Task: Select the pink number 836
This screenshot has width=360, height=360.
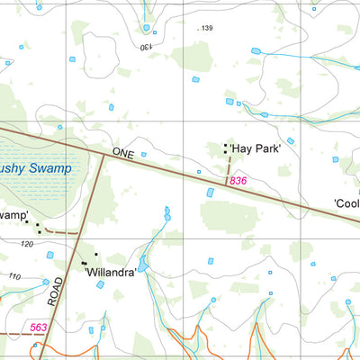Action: (238, 181)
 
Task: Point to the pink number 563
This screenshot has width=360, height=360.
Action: (38, 328)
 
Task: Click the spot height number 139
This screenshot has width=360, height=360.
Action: (206, 30)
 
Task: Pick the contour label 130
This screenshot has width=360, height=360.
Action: (146, 45)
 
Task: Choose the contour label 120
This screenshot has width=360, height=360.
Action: (26, 244)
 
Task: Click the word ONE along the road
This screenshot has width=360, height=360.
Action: (123, 155)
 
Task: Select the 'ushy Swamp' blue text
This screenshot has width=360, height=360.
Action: (38, 167)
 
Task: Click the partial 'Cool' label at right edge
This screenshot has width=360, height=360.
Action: (346, 203)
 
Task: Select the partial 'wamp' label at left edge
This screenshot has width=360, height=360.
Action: (13, 215)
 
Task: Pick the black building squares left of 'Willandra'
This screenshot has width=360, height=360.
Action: (85, 263)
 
